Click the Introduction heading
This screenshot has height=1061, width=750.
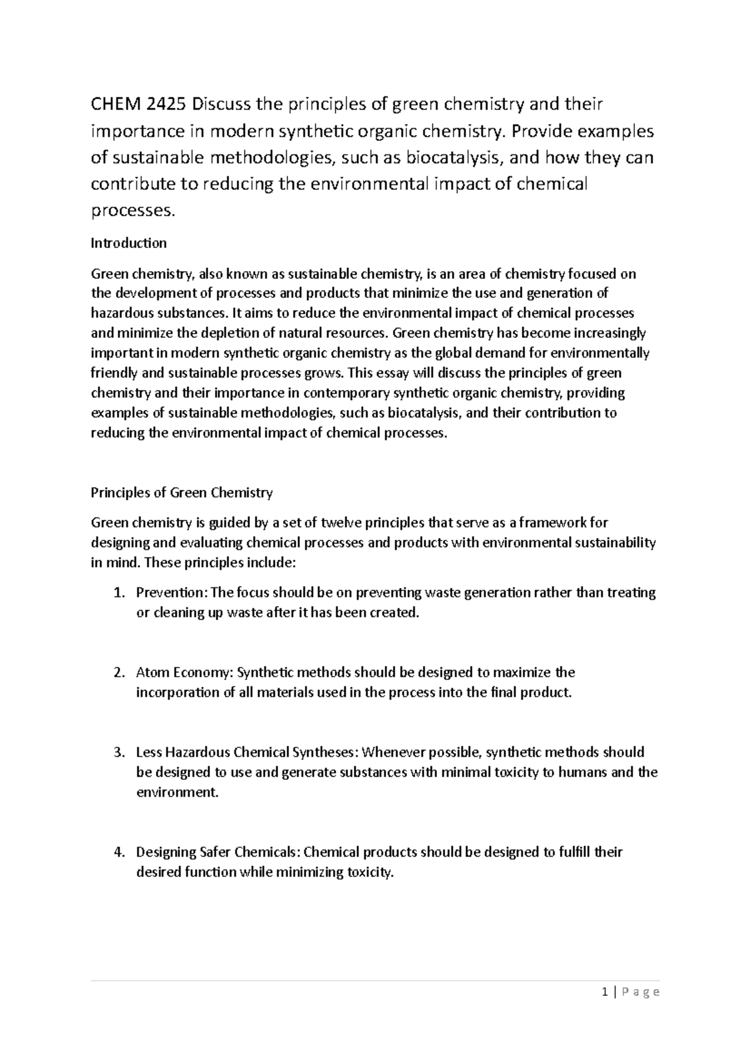[x=129, y=243]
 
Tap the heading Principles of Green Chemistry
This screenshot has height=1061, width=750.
[x=182, y=492]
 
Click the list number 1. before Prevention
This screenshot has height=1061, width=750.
[x=119, y=592]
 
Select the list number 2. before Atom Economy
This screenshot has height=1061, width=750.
[x=119, y=672]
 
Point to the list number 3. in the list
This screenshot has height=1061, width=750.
[x=119, y=752]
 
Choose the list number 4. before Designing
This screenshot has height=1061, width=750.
[x=119, y=852]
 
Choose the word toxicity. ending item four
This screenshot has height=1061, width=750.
[x=370, y=872]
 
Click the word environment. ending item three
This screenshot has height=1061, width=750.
[x=177, y=792]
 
